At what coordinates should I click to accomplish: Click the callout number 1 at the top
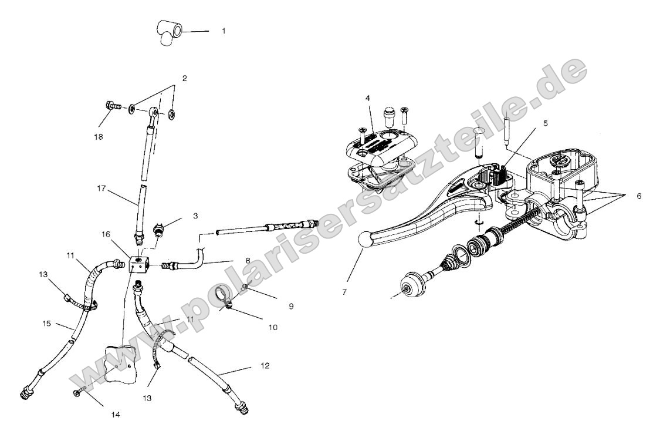coord(224,31)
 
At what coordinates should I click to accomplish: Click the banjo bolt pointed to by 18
coord(111,107)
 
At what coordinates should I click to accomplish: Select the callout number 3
coord(195,216)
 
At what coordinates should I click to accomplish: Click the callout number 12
coord(265,366)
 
